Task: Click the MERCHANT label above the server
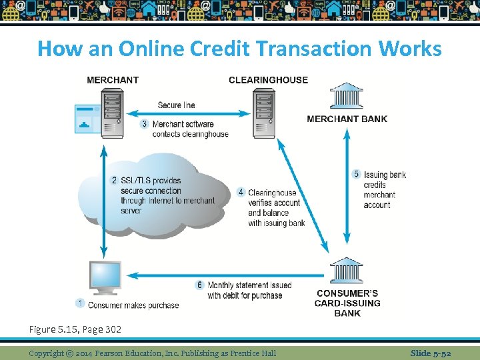pos(113,80)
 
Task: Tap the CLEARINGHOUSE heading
pos(268,80)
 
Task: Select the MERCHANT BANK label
pos(347,119)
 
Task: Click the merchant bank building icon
pos(346,97)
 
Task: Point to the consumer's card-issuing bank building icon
pos(346,271)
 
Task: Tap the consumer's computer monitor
pos(105,276)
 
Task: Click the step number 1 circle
pos(80,303)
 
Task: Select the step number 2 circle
pos(114,181)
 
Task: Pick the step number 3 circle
pos(145,124)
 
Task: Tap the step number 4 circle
pos(241,193)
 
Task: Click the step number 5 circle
pos(357,175)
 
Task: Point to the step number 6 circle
pos(199,285)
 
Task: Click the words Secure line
pos(176,105)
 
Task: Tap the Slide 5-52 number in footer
pos(431,353)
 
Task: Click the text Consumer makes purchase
pos(133,305)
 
